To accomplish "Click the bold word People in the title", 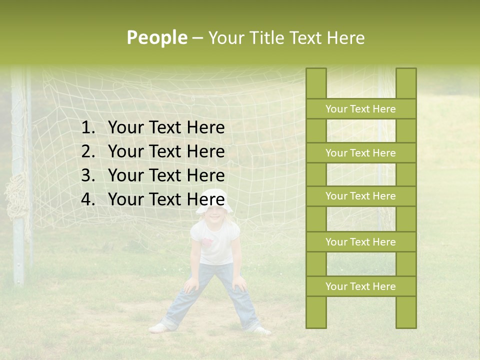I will pos(156,37).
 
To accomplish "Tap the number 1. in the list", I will pos(88,128).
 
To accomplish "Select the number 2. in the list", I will pos(88,151).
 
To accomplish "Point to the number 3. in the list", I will pos(88,175).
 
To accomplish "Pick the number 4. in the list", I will pos(88,199).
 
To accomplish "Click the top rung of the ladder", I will pos(360,109).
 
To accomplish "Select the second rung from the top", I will pos(360,153).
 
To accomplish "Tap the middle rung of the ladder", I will pos(360,196).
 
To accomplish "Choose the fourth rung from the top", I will pos(360,242).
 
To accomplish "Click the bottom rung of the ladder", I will pos(360,286).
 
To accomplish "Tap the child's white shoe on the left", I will pos(158,328).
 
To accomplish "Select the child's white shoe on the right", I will pos(261,330).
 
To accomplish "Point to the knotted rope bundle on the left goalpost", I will pos(16,200).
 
